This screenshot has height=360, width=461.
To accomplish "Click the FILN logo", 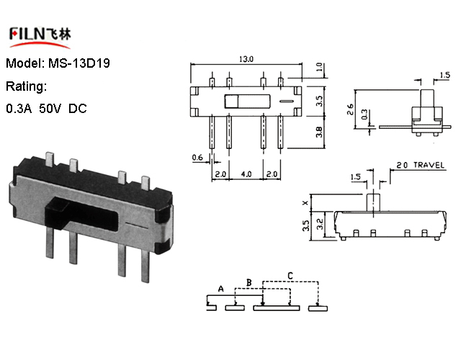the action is pyautogui.click(x=40, y=37).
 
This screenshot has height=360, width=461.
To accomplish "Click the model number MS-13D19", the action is pyautogui.click(x=79, y=63).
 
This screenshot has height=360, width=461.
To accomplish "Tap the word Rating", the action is pyautogui.click(x=26, y=86).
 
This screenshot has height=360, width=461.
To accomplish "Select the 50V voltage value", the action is pyautogui.click(x=50, y=109).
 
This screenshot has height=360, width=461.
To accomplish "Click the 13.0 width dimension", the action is pyautogui.click(x=246, y=59).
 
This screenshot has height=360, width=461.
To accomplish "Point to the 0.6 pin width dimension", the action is pyautogui.click(x=197, y=158).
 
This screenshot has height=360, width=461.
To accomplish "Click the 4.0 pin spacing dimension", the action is pyautogui.click(x=246, y=174).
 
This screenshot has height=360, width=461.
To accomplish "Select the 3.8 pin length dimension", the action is pyautogui.click(x=319, y=132).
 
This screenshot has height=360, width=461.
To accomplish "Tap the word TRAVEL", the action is pyautogui.click(x=429, y=165).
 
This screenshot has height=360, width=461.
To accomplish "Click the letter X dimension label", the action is pyautogui.click(x=305, y=203).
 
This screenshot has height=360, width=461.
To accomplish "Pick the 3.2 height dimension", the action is pyautogui.click(x=320, y=224).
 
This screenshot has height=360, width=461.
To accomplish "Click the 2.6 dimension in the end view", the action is pyautogui.click(x=350, y=109).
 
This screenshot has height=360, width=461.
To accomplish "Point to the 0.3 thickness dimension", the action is pyautogui.click(x=364, y=114).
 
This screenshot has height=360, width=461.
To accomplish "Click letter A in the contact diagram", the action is pyautogui.click(x=221, y=289).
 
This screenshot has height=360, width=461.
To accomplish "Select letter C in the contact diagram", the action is pyautogui.click(x=290, y=276).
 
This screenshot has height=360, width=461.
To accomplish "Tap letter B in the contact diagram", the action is pyautogui.click(x=249, y=282).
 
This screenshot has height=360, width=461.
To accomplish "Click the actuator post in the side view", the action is pyautogui.click(x=373, y=202).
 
